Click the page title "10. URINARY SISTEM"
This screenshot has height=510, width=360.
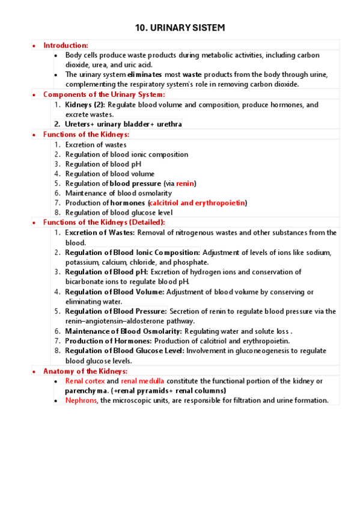coord(180,28)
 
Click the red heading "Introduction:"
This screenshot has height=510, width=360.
coord(66,45)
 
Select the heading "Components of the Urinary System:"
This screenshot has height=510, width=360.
coord(104,94)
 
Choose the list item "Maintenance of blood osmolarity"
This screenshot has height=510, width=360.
coord(118,193)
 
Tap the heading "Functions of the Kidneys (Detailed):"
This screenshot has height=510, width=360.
coord(104,223)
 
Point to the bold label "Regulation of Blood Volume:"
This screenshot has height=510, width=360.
coord(114,292)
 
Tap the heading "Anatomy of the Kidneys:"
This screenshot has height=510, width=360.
coord(85,371)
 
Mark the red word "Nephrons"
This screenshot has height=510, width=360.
coord(81,401)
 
